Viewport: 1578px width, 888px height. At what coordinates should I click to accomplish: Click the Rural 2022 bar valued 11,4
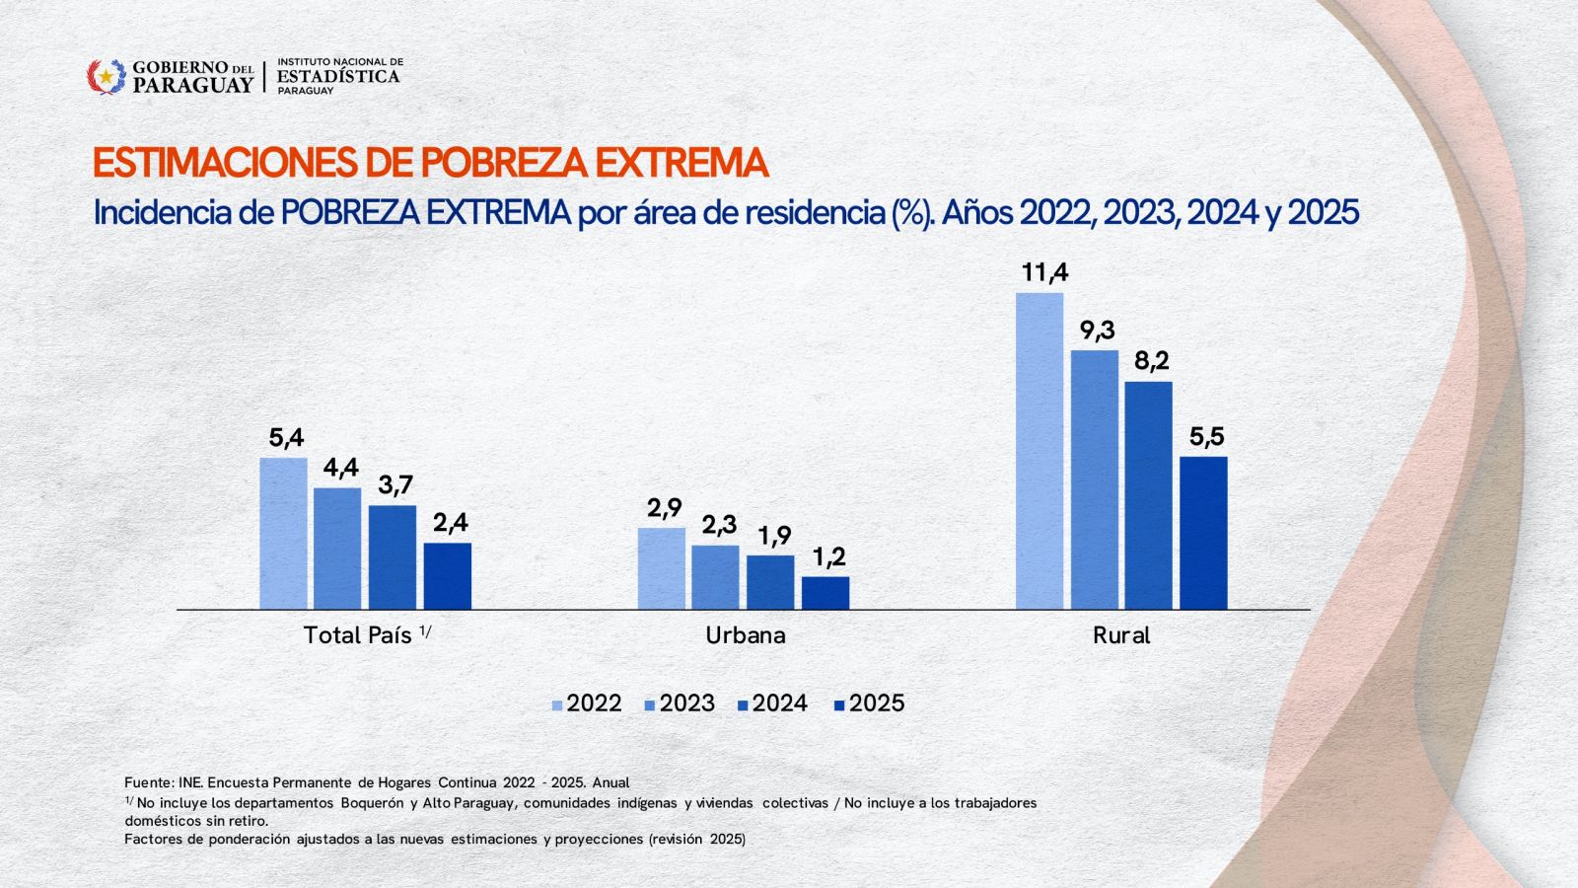pos(1040,450)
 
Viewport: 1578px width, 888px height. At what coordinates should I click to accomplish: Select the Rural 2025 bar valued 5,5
pos(1203,533)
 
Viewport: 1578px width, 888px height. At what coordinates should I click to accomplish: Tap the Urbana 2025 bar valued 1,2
pos(825,593)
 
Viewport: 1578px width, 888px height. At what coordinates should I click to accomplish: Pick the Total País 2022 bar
pos(283,533)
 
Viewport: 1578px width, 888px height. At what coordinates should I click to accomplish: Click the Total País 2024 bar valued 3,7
pos(393,556)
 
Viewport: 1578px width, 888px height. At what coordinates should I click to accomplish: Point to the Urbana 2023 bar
pos(715,577)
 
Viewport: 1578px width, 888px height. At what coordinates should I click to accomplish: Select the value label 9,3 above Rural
pos(1096,331)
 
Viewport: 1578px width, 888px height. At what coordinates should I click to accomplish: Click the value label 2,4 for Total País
pos(450,523)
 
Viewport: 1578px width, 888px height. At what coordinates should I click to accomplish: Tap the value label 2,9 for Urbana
pos(664,508)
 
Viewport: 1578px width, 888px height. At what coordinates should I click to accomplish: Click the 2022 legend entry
pos(587,703)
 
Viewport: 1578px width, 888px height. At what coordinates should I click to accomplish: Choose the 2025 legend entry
pos(869,703)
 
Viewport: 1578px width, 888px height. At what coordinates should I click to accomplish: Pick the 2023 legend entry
pos(680,703)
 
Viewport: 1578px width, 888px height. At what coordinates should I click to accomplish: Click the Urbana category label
pos(746,635)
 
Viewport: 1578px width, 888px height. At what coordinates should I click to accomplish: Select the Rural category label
pos(1121,635)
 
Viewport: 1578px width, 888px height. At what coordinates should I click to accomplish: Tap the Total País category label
pos(357,635)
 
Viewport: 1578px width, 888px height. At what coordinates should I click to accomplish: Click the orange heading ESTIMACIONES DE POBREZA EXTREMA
pos(430,163)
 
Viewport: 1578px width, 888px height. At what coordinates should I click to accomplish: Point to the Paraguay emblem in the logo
pos(106,76)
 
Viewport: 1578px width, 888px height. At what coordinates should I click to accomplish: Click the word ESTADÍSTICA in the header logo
pos(338,76)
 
